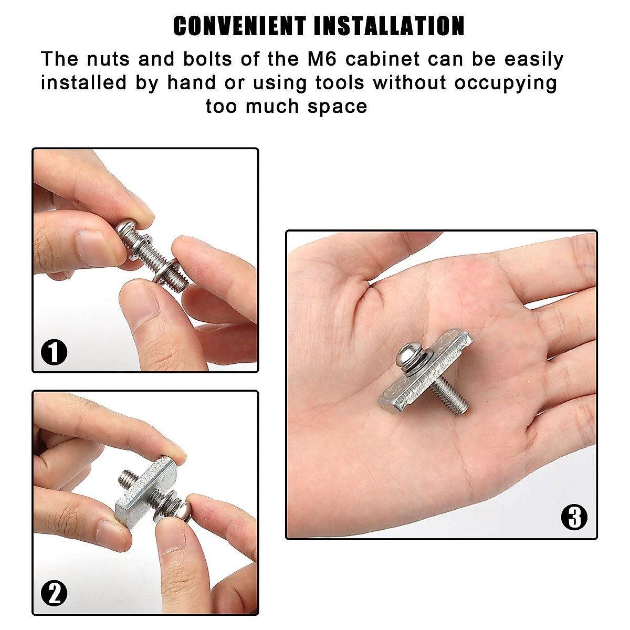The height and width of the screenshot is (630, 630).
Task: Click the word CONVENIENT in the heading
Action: pos(239,26)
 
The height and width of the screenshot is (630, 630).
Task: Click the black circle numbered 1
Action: pos(54,352)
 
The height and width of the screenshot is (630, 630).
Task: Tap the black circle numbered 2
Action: pos(54,594)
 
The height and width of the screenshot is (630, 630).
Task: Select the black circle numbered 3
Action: pos(574,517)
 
